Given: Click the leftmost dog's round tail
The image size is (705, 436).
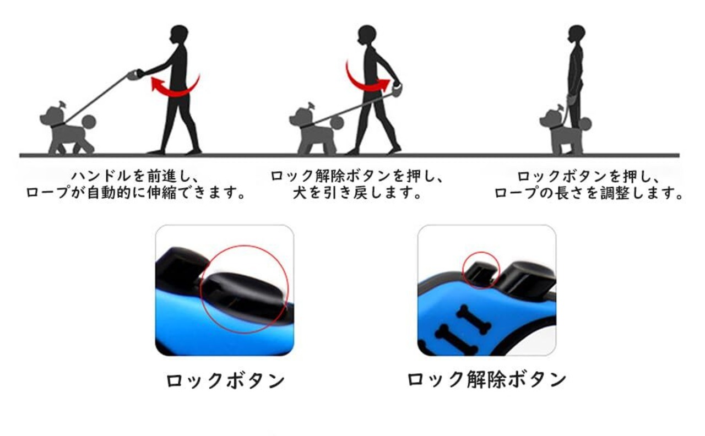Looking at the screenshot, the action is pos(89,122).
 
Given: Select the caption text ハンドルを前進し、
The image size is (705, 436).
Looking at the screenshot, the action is pos(135,177).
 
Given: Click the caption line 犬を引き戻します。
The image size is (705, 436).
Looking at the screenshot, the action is pos(357,193).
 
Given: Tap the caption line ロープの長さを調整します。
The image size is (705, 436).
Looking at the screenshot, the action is pos(588,193).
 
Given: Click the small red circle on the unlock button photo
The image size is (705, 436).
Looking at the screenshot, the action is pos(481,252).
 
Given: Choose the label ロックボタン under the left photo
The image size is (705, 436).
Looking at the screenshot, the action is pos(225,380).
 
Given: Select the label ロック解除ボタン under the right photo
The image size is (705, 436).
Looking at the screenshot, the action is pos(486,379).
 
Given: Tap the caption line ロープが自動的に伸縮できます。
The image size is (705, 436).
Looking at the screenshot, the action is pos(135,193).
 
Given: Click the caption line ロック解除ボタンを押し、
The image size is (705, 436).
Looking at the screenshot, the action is pos(357,177).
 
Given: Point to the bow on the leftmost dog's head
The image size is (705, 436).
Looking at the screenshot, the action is pos(62,105).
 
